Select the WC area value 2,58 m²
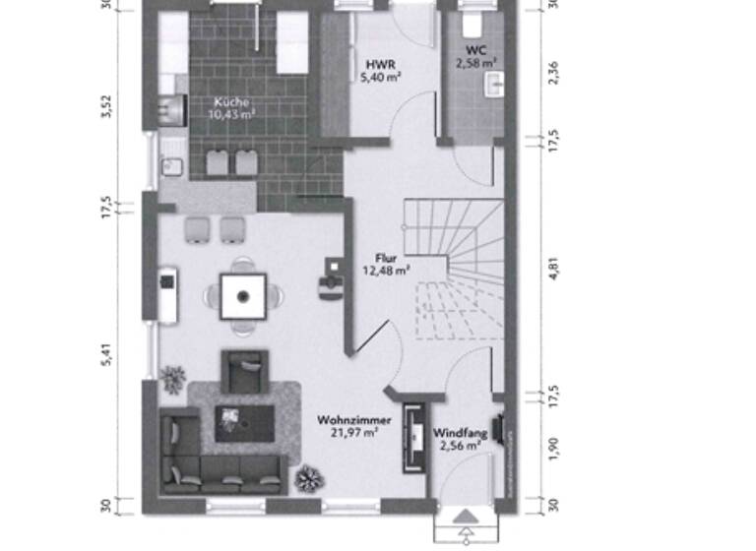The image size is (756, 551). [x=475, y=62]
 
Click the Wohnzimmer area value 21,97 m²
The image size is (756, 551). [x=355, y=432]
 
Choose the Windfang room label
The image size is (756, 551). [x=459, y=432]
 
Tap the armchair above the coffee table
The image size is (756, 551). [x=244, y=372]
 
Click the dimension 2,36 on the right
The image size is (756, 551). [x=553, y=73]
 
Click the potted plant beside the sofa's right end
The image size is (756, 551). [x=308, y=479]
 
